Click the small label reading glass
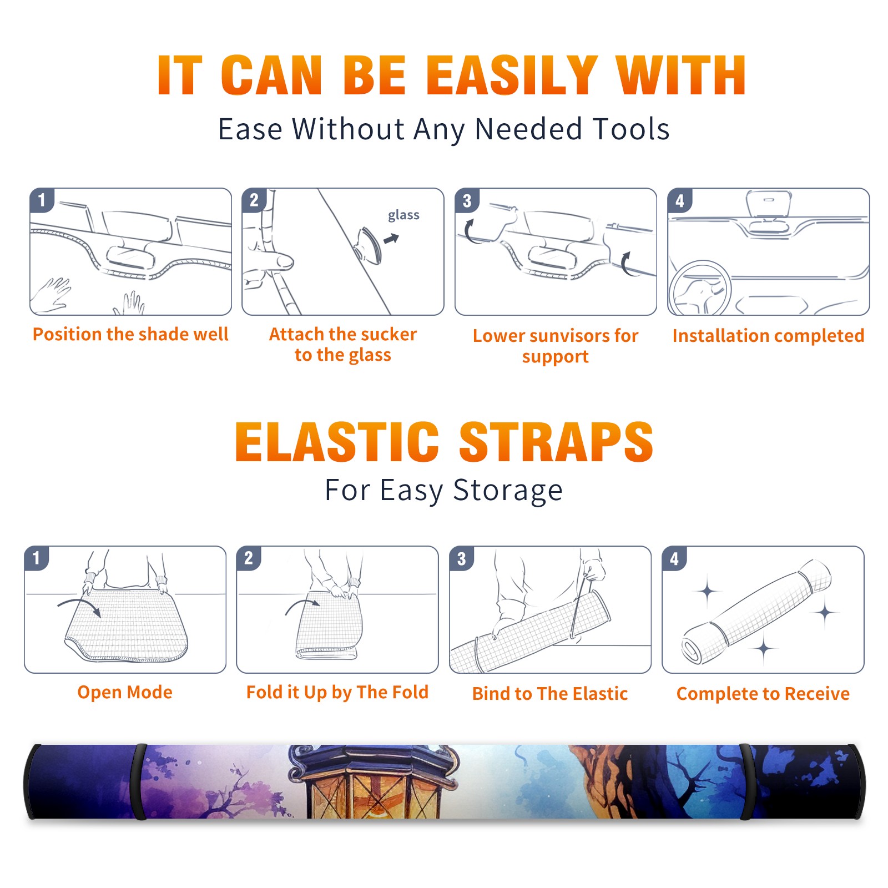pos(403,215)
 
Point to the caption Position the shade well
pos(130,334)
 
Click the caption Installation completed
pos(768,335)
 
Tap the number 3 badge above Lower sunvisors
pos(467,200)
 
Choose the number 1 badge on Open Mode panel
pos(37,558)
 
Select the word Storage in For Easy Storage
pos(508,491)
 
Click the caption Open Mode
pos(125,692)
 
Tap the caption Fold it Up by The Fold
pos(337,692)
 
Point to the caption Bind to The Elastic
pos(550,693)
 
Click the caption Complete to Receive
pos(763,693)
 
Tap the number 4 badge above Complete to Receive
pos(674,558)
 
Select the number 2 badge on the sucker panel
pos(254,200)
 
